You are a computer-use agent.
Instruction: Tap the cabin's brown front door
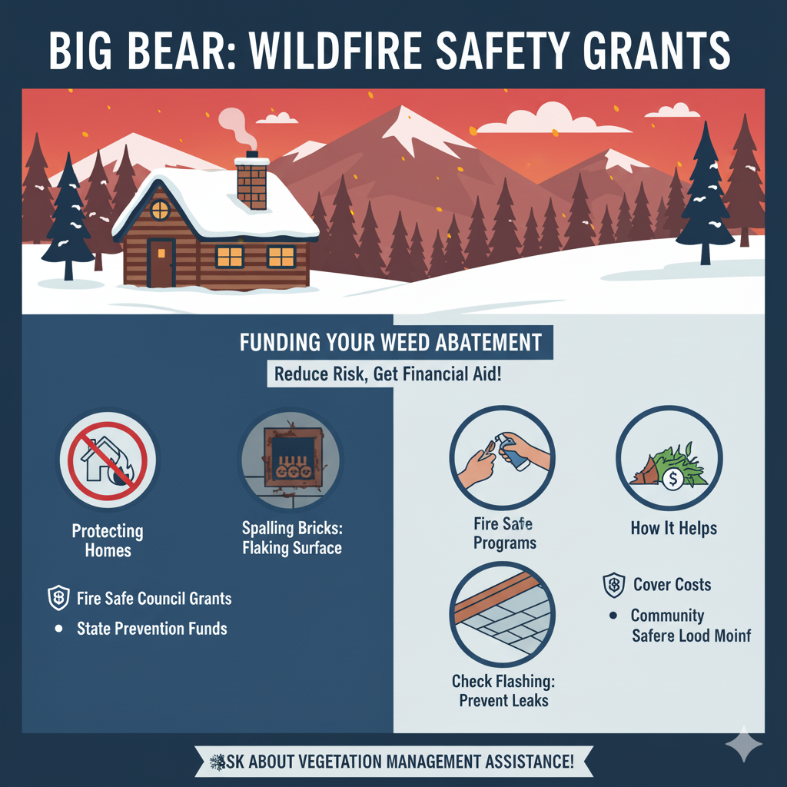[161, 263]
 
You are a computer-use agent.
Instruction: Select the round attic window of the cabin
[159, 209]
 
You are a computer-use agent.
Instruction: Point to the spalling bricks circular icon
[291, 460]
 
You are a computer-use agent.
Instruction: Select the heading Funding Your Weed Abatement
[390, 342]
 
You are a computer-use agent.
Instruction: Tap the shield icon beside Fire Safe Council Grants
[58, 598]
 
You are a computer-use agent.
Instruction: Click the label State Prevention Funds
[151, 629]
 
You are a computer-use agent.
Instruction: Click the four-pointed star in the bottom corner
[743, 744]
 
